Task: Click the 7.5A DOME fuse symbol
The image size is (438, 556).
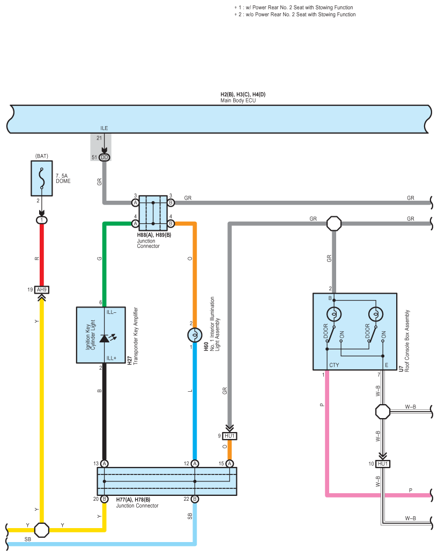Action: coord(42,178)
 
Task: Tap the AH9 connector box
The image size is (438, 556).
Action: coord(42,290)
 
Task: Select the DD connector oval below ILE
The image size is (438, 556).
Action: coord(104,157)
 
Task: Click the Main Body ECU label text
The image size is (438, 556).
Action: coord(238,100)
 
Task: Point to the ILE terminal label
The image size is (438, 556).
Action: coord(104,128)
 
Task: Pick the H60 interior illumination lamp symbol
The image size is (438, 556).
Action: coord(195,335)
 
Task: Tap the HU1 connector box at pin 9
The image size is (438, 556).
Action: coord(229,436)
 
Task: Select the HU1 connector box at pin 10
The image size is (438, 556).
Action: coord(383,464)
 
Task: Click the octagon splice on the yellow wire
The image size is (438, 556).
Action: coord(42,530)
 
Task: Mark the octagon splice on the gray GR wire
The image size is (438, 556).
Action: coord(334,224)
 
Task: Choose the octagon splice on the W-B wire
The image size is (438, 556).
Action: coord(383,412)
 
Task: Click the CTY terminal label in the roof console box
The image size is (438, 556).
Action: coord(334,365)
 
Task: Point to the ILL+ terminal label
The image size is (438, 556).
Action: coord(111,358)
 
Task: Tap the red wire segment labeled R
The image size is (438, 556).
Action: coord(42,255)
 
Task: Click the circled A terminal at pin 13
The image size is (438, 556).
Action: coord(104,464)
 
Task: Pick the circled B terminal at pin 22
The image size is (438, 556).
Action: coord(195,499)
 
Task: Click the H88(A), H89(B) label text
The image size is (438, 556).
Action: coord(154,235)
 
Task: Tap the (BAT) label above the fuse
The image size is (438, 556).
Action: coord(42,156)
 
